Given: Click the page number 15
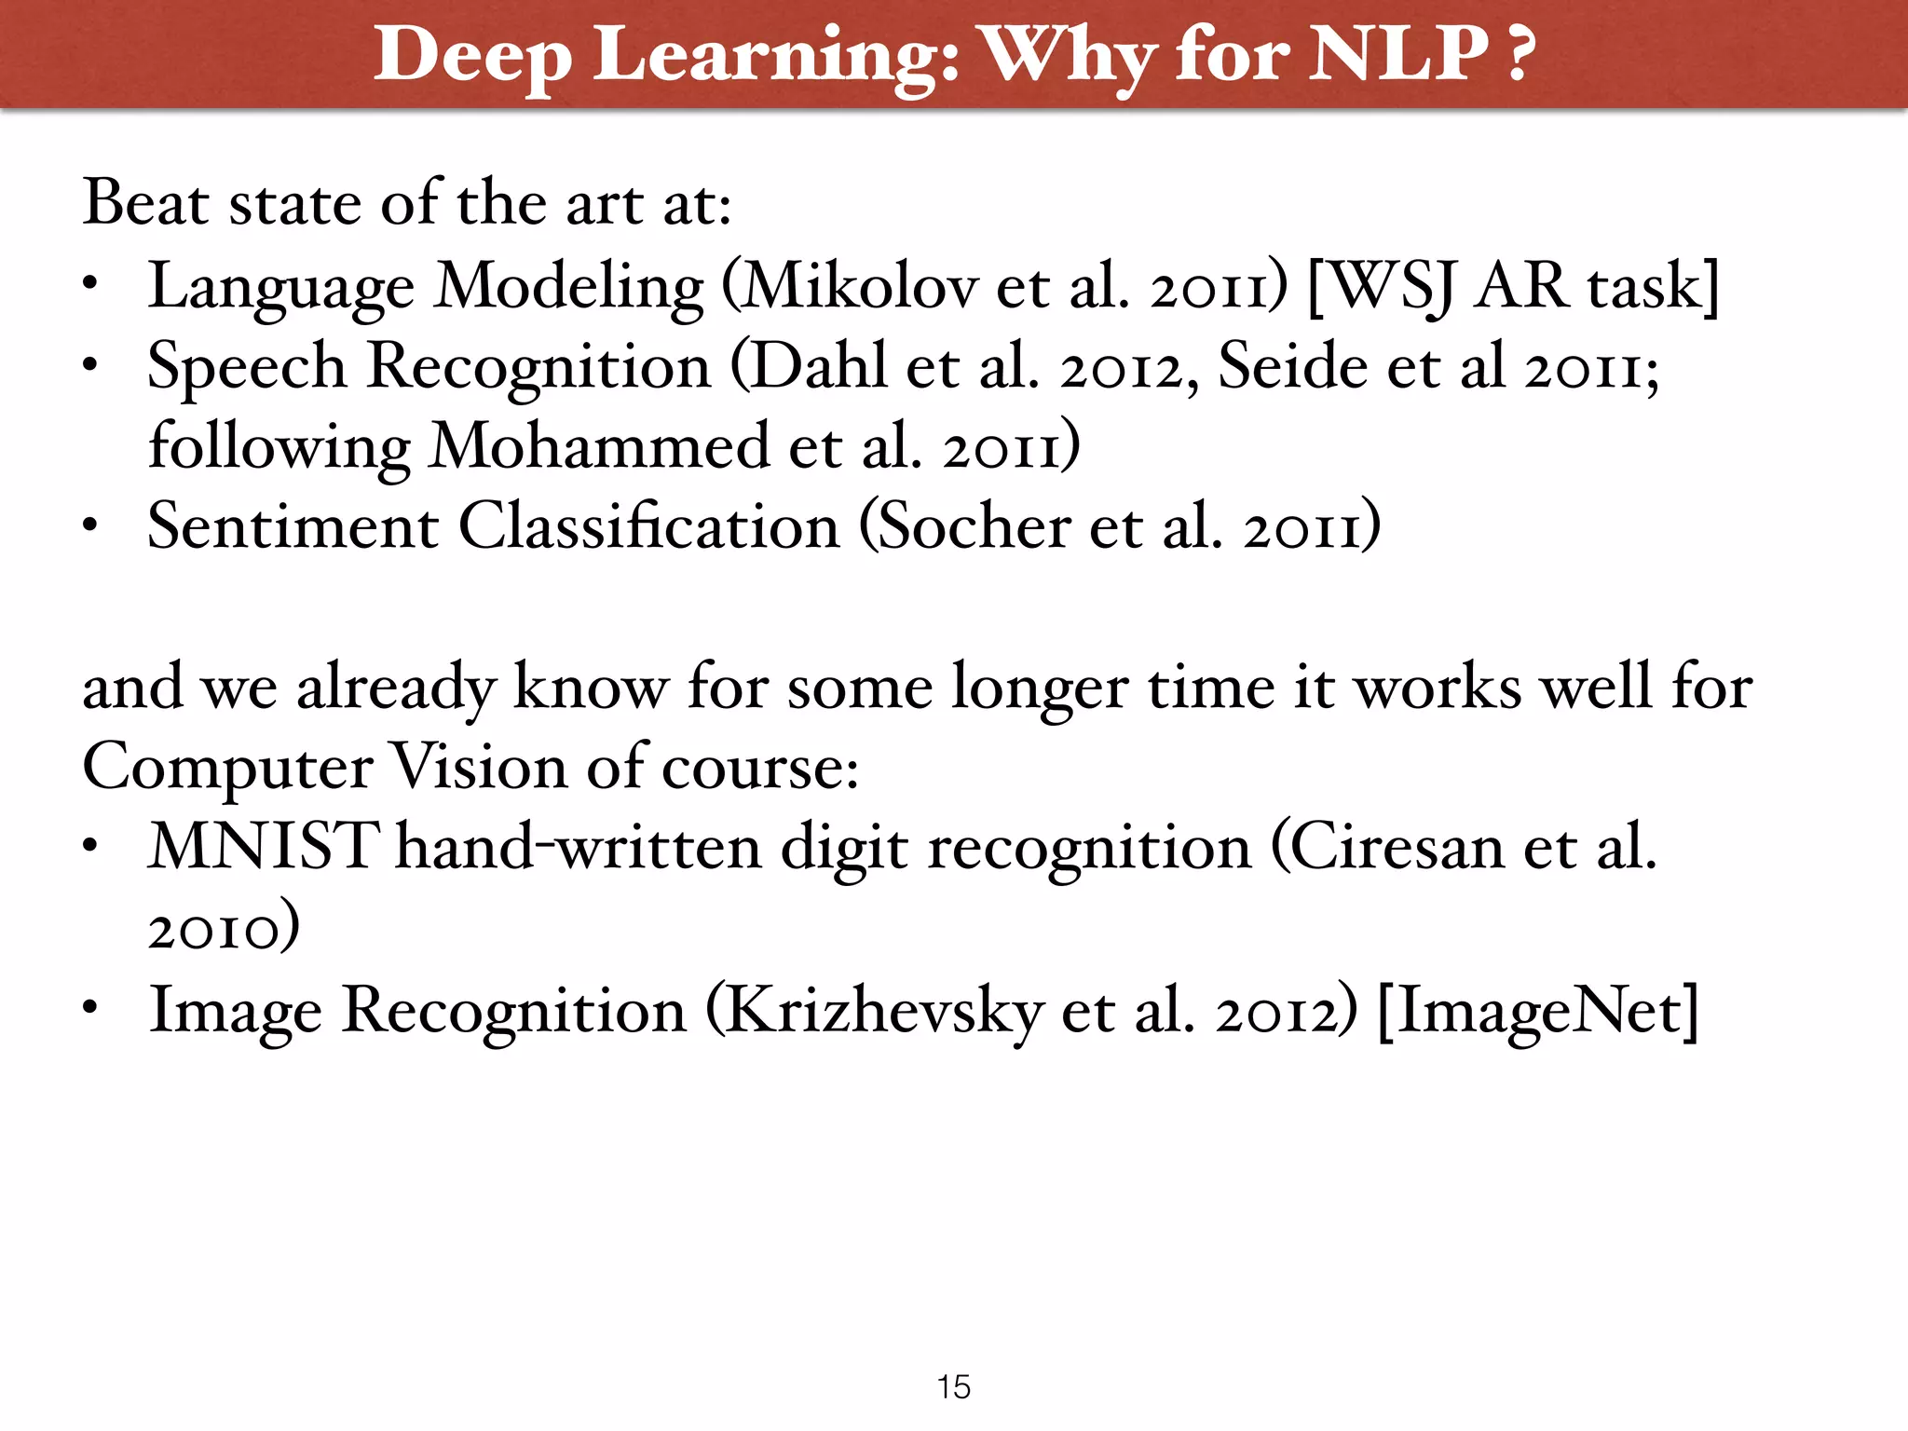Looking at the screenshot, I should pos(954,1386).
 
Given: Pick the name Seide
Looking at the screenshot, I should pos(1292,366).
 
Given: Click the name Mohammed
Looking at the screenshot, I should pos(599,446).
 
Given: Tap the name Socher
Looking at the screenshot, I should pos(973,526).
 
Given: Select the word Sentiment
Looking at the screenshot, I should pos(293,526).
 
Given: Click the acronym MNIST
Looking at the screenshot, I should pos(264,847).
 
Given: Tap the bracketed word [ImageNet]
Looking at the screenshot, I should pos(1537,1011).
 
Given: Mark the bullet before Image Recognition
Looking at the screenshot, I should pos(89,1008).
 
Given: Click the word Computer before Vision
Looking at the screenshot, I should pos(228,769).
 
